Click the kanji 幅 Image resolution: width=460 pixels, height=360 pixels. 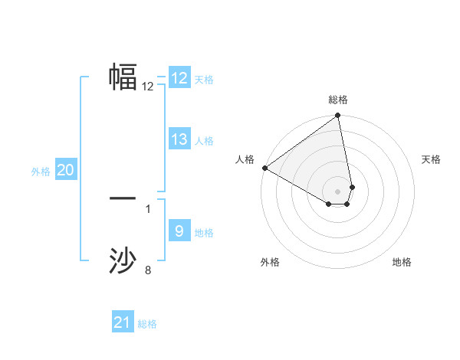click(x=123, y=77)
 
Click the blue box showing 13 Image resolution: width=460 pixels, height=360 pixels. click(x=179, y=139)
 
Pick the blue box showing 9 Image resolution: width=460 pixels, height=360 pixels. click(x=179, y=231)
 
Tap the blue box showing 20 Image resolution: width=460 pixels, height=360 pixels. click(x=66, y=170)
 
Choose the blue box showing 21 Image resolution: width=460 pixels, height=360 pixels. click(x=123, y=322)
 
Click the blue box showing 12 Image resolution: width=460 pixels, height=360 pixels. click(x=179, y=78)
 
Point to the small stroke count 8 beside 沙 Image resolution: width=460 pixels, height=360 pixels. click(x=148, y=270)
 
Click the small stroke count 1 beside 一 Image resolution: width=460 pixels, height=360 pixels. click(x=148, y=208)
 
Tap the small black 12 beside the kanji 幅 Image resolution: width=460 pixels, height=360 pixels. click(x=148, y=87)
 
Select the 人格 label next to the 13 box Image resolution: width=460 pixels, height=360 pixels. click(x=204, y=141)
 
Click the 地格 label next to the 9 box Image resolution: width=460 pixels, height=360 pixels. click(x=204, y=233)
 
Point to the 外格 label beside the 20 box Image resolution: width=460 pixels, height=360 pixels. click(x=41, y=172)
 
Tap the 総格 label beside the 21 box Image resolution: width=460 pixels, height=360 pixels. click(x=147, y=324)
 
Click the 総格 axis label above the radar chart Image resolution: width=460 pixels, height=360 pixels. click(x=338, y=100)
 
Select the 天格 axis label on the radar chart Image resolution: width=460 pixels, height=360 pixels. click(x=431, y=159)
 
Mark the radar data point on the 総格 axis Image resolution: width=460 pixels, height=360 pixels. click(x=338, y=116)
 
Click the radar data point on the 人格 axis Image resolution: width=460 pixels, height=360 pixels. click(x=264, y=168)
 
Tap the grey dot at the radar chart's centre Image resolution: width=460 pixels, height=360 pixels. click(x=337, y=191)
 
